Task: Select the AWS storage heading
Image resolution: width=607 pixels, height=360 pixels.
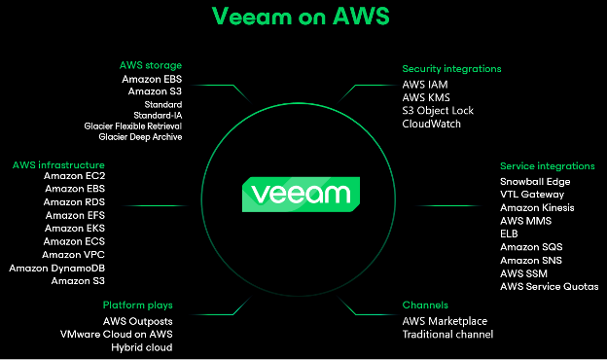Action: click(150, 65)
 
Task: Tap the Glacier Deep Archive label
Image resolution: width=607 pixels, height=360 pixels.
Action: click(140, 137)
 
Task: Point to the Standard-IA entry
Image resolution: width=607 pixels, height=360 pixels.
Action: click(162, 114)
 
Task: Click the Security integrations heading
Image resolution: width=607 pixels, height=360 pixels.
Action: click(451, 69)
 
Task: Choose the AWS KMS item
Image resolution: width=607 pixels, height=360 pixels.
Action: click(424, 98)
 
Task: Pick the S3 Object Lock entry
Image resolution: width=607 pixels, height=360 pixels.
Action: click(438, 111)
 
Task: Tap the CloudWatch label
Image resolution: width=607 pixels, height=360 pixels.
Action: click(432, 125)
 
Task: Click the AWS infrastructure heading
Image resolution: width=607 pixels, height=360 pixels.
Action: click(55, 164)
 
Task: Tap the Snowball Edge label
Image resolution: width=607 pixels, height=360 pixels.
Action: click(535, 181)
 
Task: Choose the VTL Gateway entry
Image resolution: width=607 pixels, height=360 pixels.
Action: click(531, 195)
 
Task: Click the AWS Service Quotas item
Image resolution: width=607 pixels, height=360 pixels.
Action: click(549, 287)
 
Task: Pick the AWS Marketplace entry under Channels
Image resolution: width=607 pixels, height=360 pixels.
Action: click(445, 321)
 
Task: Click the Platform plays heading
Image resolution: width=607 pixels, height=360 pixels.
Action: click(138, 306)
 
